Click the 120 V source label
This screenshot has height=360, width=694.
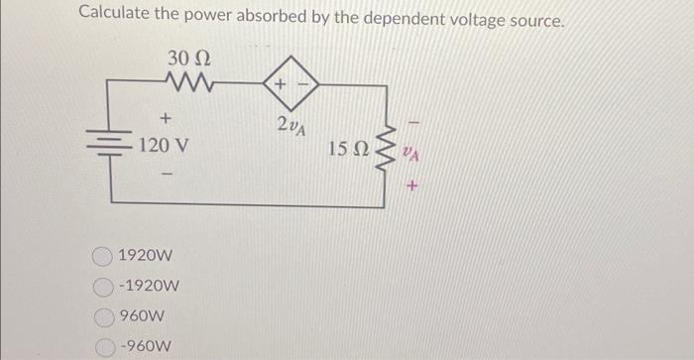tap(165, 146)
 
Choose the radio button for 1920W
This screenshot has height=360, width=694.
tap(103, 257)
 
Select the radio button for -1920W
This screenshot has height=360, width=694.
tap(103, 288)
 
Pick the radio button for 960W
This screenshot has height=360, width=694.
tap(103, 318)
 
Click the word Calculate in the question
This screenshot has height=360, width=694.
tap(115, 15)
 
